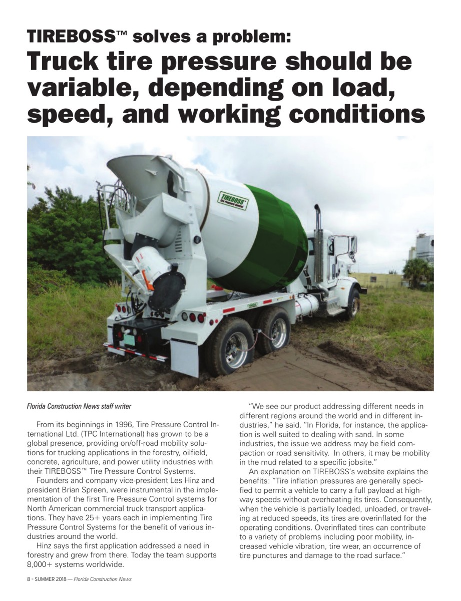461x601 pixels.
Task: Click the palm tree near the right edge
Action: coord(416,271)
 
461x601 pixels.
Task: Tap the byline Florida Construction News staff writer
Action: coord(79,406)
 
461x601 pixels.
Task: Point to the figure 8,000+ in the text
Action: coord(42,564)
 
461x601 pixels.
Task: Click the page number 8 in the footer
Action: coord(29,579)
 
